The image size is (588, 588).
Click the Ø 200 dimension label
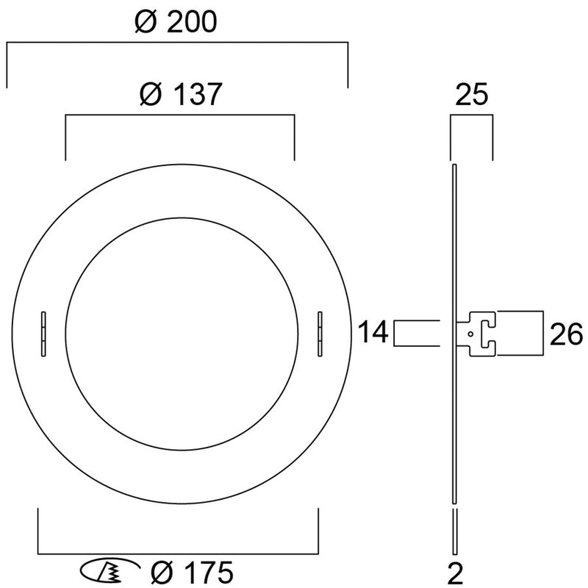coord(176,21)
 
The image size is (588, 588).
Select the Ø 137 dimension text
coord(181,94)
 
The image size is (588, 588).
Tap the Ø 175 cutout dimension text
coord(192,573)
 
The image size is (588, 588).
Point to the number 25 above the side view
coord(471,94)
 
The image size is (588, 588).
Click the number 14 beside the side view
coord(373,332)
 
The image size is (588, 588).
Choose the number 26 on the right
coord(566,334)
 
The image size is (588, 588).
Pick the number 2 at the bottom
coord(456,573)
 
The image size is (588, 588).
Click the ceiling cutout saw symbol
coord(110,571)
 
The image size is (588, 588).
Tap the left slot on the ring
coord(43,334)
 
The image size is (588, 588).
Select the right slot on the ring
coord(320,334)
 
